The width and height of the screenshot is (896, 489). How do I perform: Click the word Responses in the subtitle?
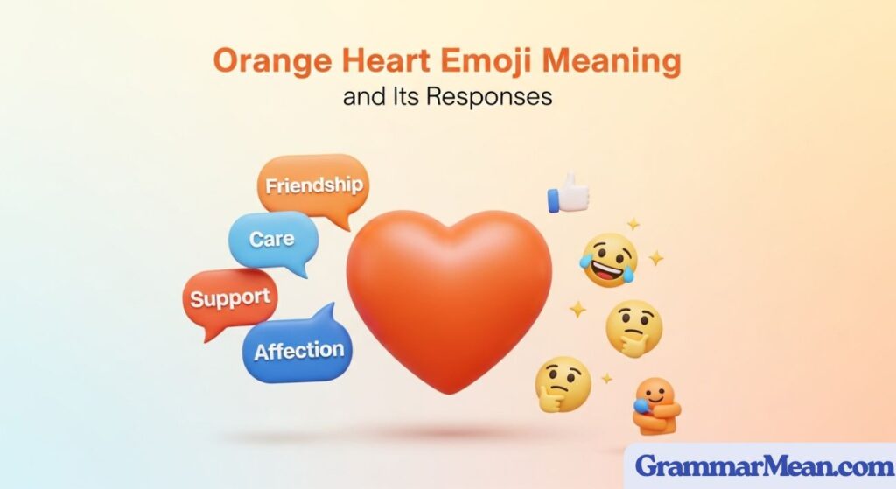pyautogui.click(x=493, y=96)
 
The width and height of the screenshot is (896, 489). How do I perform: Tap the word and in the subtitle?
pyautogui.click(x=367, y=97)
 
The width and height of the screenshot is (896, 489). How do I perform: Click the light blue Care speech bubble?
pyautogui.click(x=271, y=239)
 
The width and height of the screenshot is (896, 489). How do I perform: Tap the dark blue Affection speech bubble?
pyautogui.click(x=298, y=351)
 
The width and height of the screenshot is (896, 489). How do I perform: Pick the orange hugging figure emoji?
pyautogui.click(x=655, y=406)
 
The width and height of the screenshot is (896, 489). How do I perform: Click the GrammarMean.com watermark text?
pyautogui.click(x=759, y=465)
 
